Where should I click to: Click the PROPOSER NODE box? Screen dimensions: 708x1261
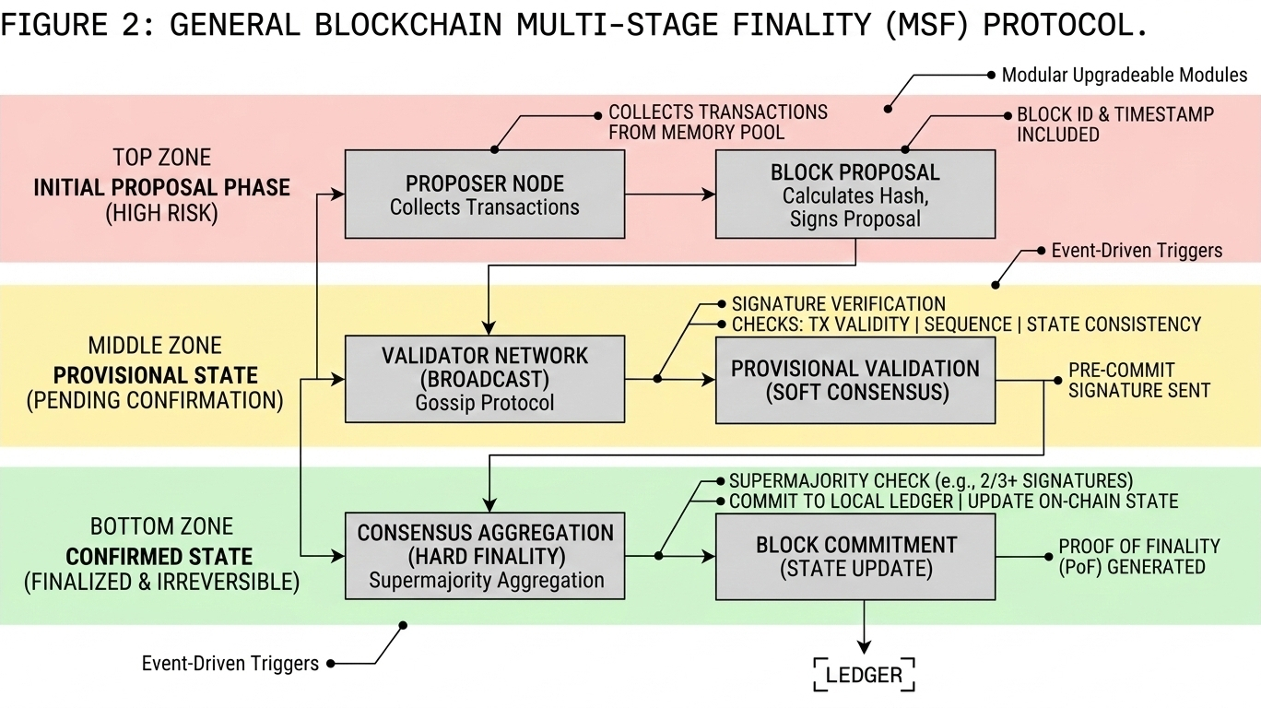pyautogui.click(x=484, y=194)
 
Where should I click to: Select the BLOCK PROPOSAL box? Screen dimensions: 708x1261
pyautogui.click(x=855, y=195)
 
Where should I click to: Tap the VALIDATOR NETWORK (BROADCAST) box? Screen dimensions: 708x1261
pyautogui.click(x=484, y=379)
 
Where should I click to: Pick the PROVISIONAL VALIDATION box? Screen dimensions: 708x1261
pyautogui.click(x=855, y=380)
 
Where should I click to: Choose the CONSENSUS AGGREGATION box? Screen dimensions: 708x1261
pyautogui.click(x=485, y=556)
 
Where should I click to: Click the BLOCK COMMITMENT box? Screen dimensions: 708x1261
pyautogui.click(x=855, y=556)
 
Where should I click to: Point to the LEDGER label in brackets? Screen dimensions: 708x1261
pyautogui.click(x=864, y=675)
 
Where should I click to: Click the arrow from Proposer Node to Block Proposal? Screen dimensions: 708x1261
pyautogui.click(x=670, y=195)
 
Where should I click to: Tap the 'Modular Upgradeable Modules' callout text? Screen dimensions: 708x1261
pyautogui.click(x=1124, y=75)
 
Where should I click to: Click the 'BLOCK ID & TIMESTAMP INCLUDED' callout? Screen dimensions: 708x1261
pyautogui.click(x=1114, y=124)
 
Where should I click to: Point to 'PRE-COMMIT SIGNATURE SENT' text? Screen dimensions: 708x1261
pyautogui.click(x=1139, y=380)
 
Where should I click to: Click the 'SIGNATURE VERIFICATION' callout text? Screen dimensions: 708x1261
pyautogui.click(x=838, y=303)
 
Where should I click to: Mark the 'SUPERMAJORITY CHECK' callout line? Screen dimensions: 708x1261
pyautogui.click(x=930, y=481)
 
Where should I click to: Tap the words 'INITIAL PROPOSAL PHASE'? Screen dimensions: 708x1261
pyautogui.click(x=162, y=188)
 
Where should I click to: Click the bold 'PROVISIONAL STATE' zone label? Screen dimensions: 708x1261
pyautogui.click(x=156, y=375)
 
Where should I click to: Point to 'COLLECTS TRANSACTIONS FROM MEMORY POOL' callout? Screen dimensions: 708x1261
pyautogui.click(x=717, y=122)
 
